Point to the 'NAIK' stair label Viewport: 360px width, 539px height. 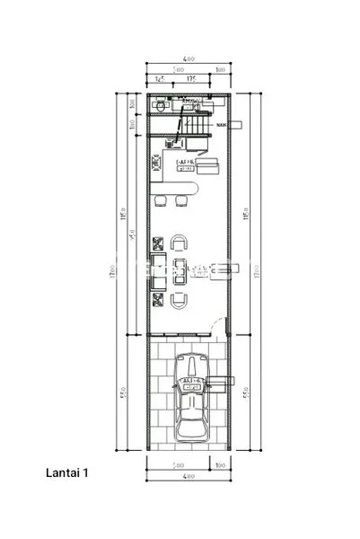point(222,125)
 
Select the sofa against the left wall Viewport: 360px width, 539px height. point(159,269)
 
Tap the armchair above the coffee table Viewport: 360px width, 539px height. point(180,243)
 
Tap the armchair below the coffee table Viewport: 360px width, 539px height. point(180,300)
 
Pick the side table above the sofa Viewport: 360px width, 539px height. point(159,243)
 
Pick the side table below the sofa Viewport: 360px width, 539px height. point(159,298)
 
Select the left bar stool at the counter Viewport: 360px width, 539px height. point(162,199)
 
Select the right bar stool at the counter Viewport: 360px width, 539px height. point(180,199)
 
